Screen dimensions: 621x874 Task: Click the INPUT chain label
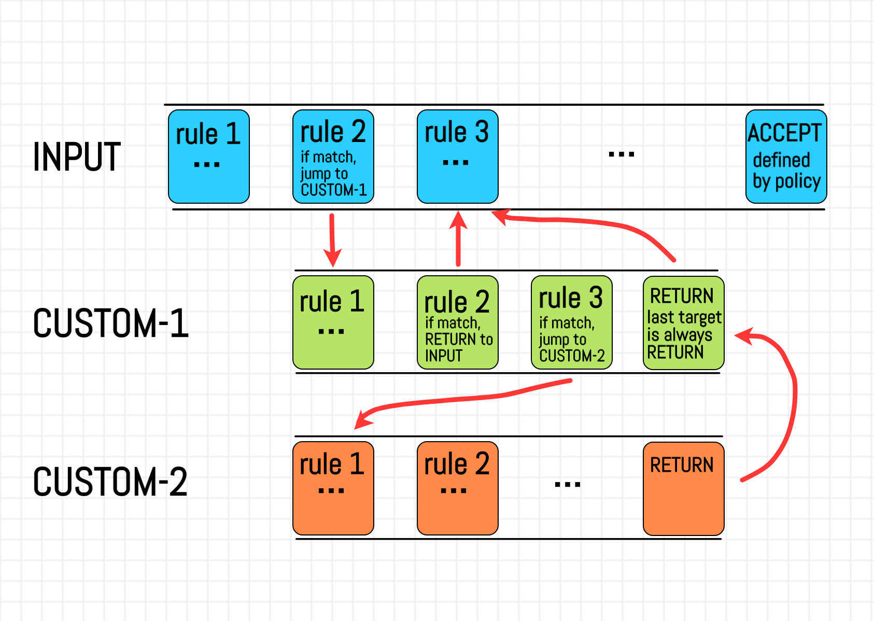pyautogui.click(x=77, y=157)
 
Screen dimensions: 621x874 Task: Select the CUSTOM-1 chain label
pyautogui.click(x=110, y=323)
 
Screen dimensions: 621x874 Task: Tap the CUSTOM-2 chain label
pyautogui.click(x=110, y=482)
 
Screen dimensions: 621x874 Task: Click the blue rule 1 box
pyautogui.click(x=209, y=157)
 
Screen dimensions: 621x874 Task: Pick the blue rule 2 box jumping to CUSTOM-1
pyautogui.click(x=333, y=157)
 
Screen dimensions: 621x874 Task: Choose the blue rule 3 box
pyautogui.click(x=457, y=157)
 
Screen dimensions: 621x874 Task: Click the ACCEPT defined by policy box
pyautogui.click(x=786, y=157)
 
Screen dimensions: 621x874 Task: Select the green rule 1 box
pyautogui.click(x=333, y=322)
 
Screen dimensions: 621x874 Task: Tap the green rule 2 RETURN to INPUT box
pyautogui.click(x=457, y=322)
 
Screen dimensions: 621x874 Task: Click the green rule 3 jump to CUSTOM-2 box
pyautogui.click(x=571, y=322)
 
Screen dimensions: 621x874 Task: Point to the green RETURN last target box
pyautogui.click(x=683, y=322)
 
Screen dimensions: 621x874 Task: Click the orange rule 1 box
pyautogui.click(x=333, y=488)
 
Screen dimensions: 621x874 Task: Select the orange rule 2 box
pyautogui.click(x=457, y=488)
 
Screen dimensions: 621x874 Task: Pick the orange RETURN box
pyautogui.click(x=683, y=488)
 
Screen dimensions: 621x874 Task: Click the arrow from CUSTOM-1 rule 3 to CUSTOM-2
pyautogui.click(x=467, y=399)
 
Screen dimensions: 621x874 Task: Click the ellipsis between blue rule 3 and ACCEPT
pyautogui.click(x=621, y=154)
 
